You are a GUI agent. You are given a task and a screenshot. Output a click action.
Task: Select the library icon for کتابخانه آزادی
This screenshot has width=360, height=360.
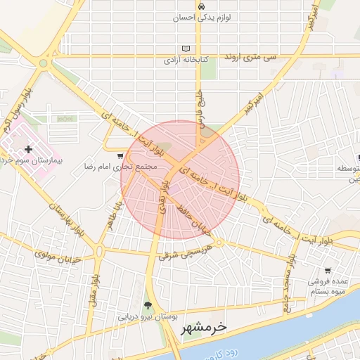[186, 49]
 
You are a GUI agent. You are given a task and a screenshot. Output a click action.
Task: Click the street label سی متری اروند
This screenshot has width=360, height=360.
[250, 55]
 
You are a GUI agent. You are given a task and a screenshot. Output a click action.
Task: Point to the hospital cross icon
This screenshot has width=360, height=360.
[28, 149]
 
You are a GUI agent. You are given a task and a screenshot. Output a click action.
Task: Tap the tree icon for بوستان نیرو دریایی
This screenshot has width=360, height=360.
[148, 305]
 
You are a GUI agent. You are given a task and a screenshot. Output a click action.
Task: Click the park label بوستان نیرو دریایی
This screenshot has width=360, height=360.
[147, 316]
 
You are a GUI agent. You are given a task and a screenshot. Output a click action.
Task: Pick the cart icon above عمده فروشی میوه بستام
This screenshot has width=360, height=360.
[328, 271]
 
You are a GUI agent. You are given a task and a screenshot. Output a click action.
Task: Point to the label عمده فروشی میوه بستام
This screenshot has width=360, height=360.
[330, 286]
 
